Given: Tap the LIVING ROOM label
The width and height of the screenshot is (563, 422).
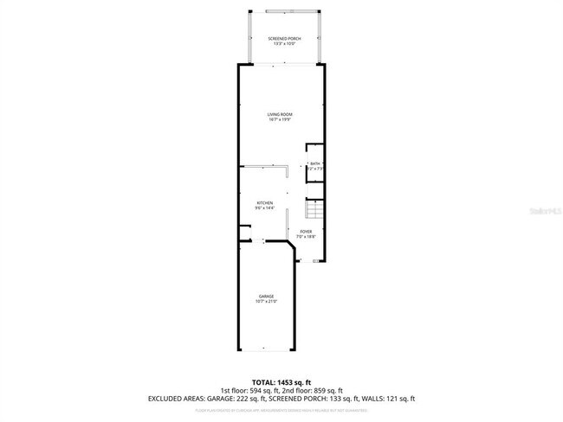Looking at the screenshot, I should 280,114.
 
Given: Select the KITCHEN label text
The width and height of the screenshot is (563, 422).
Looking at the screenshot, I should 264,202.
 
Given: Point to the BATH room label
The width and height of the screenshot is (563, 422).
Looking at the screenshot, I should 315,163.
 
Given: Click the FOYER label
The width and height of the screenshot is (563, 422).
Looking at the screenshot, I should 306,231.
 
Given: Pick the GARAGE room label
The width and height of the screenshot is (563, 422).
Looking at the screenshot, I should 265,297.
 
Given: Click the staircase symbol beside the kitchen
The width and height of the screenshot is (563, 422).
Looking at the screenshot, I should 313,210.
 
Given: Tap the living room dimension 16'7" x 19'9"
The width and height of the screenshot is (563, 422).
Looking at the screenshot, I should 280,119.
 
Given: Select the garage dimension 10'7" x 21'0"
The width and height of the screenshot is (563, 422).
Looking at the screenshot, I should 265,302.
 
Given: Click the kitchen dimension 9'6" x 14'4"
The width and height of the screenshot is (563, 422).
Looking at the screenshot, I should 264,208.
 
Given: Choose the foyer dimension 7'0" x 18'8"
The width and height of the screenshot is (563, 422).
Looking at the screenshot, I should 306,236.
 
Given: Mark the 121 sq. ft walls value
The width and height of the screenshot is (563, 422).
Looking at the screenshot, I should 399,399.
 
